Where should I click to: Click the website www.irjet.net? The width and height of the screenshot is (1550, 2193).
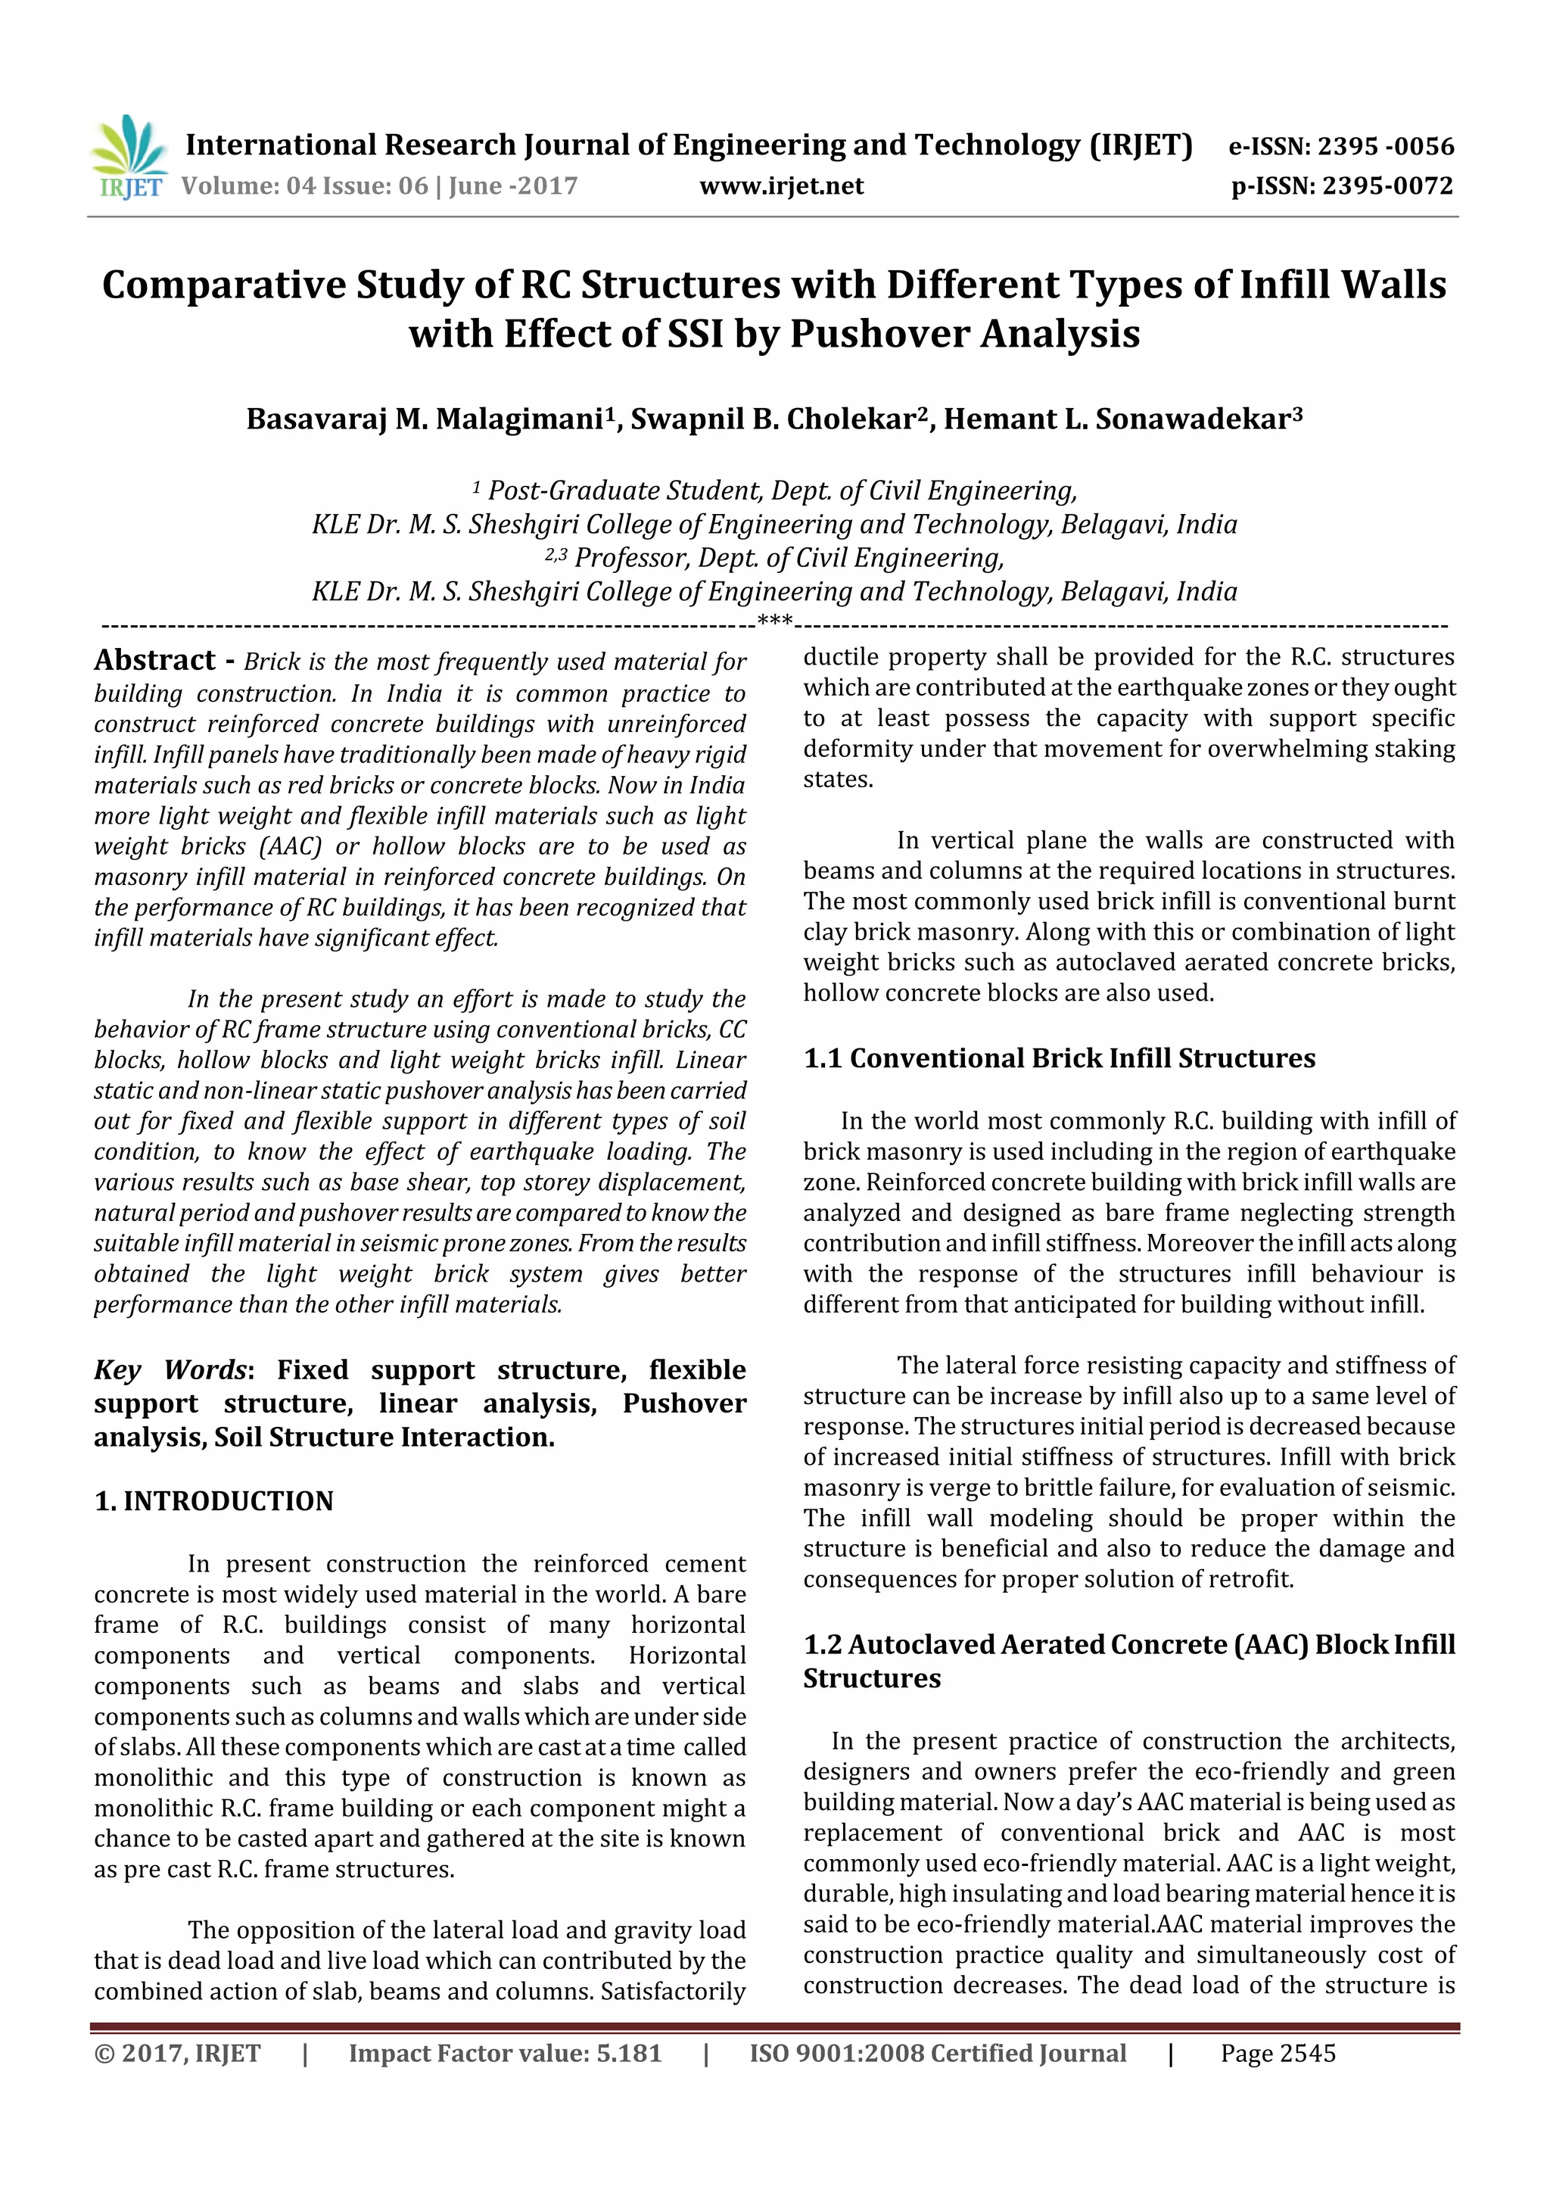(x=781, y=186)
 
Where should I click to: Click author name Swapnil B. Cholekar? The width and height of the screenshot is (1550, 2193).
(x=772, y=419)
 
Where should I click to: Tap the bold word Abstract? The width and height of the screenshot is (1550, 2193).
(x=154, y=661)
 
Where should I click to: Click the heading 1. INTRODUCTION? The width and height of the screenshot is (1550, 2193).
(x=214, y=1501)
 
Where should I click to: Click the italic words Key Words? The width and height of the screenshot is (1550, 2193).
(x=170, y=1369)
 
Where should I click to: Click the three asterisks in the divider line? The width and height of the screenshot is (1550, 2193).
(x=774, y=621)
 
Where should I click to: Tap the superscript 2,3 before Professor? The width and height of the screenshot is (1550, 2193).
(x=555, y=555)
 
